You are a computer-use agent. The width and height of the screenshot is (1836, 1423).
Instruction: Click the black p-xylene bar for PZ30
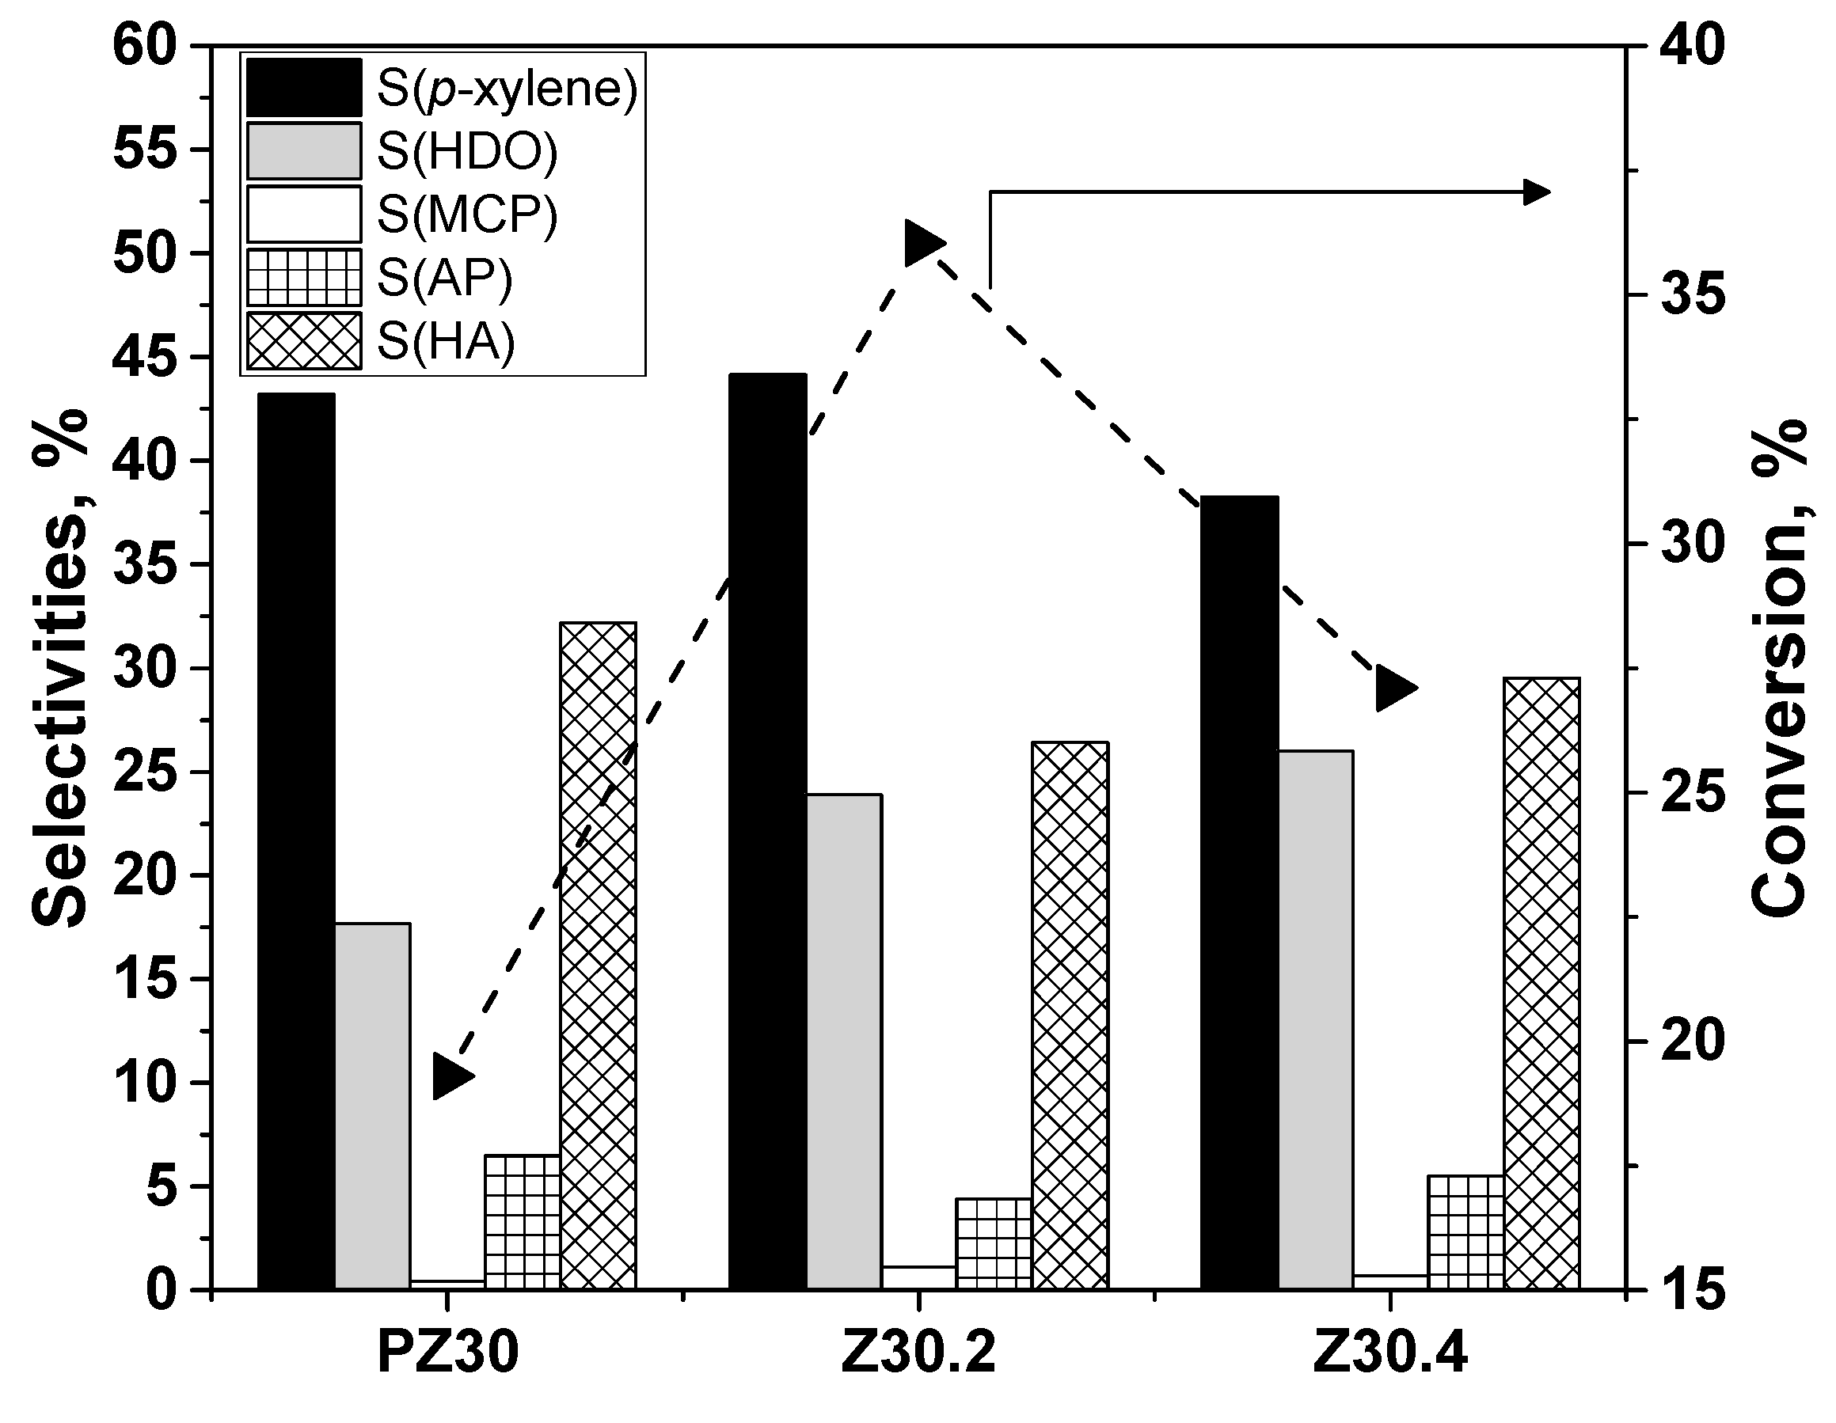pyautogui.click(x=296, y=841)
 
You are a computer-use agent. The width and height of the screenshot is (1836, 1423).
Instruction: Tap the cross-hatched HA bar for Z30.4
pyautogui.click(x=1541, y=983)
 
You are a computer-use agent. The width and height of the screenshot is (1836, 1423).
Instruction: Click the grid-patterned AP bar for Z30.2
pyautogui.click(x=994, y=1243)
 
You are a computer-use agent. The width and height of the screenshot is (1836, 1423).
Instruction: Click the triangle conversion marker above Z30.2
pyautogui.click(x=922, y=244)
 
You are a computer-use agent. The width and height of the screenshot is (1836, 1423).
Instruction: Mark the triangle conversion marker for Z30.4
pyautogui.click(x=1393, y=689)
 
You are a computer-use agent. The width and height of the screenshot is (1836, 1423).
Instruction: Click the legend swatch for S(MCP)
pyautogui.click(x=304, y=214)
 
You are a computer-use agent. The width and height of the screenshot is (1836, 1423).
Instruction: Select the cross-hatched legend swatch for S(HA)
pyautogui.click(x=304, y=341)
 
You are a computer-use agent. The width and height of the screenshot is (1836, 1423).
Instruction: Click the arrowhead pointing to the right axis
pyautogui.click(x=1537, y=192)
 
